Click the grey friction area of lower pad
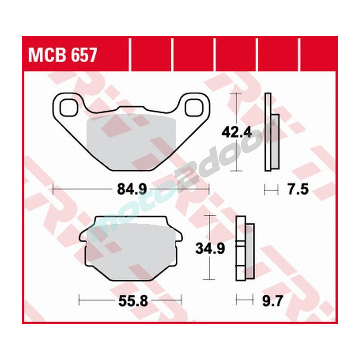131,248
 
